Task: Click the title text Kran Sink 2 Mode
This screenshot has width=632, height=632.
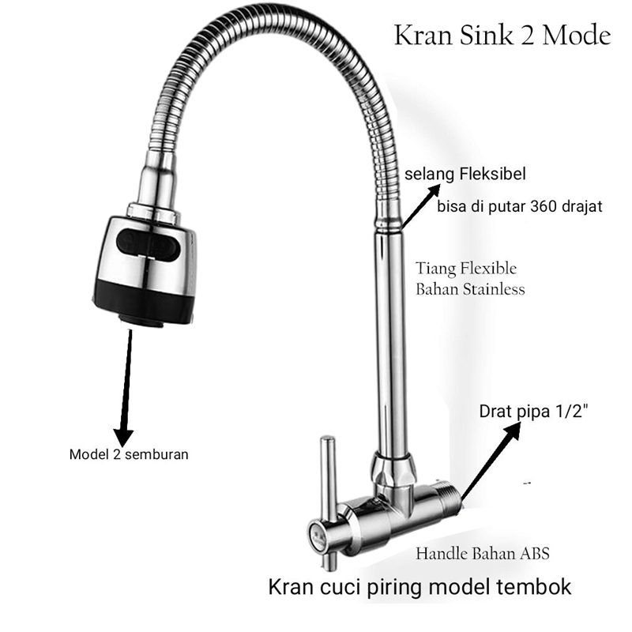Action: click(x=502, y=36)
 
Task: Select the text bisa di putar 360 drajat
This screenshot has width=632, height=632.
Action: click(x=519, y=208)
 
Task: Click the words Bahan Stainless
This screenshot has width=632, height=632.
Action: click(x=470, y=289)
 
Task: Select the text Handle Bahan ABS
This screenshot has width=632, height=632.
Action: click(x=482, y=554)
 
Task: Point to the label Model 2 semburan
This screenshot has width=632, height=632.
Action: click(x=129, y=454)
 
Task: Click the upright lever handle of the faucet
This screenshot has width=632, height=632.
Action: click(x=326, y=490)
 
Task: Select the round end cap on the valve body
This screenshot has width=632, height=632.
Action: click(x=317, y=534)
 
